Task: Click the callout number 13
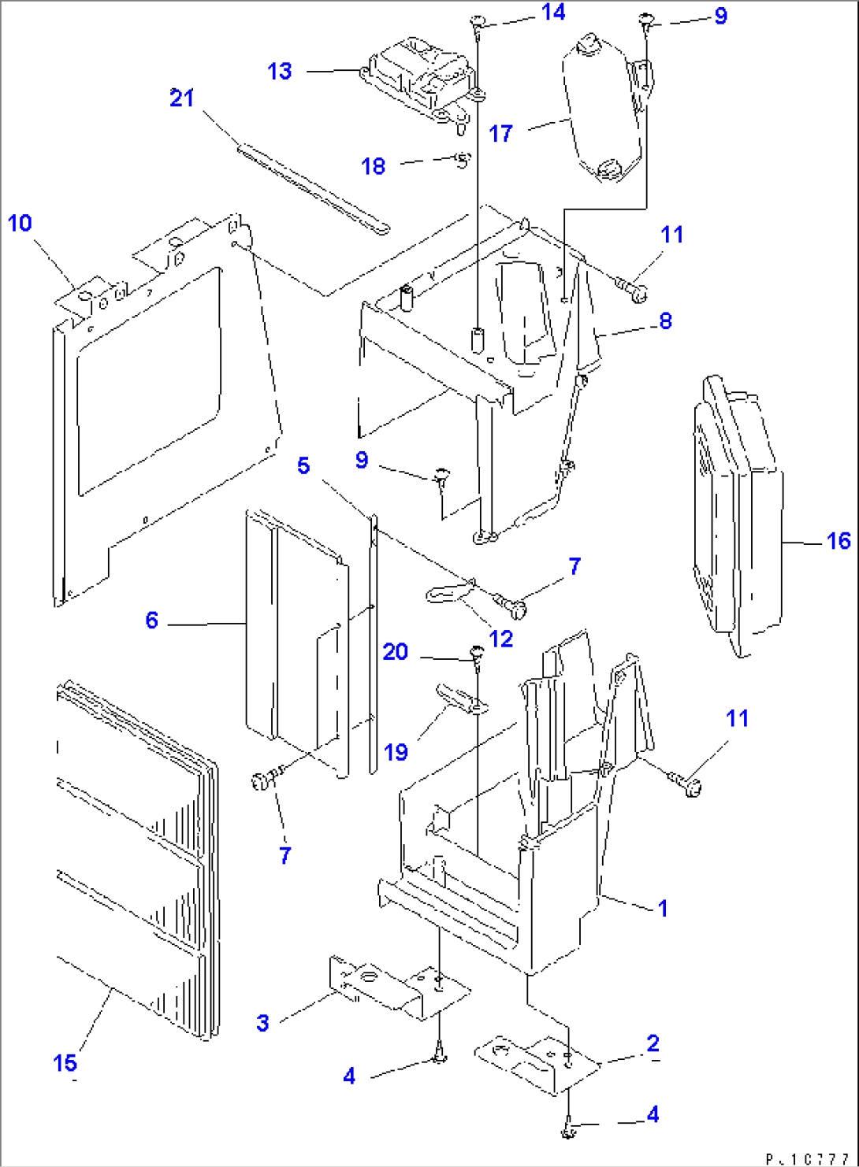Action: pos(280,72)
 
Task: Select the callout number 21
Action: pos(182,98)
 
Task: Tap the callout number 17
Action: pos(501,134)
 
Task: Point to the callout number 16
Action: pos(839,541)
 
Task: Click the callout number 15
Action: pos(65,1063)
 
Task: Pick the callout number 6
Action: pos(152,621)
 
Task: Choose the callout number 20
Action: pos(396,652)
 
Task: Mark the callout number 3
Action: pos(262,1023)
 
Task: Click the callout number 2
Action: pos(653,1043)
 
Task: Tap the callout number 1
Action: pos(663,908)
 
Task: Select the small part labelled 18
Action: pos(463,160)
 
